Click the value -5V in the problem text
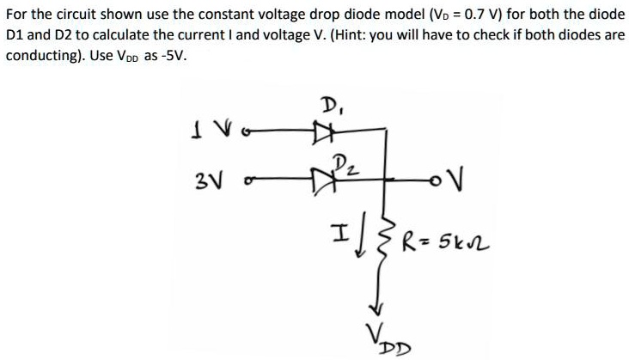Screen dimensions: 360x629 tap(170, 55)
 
